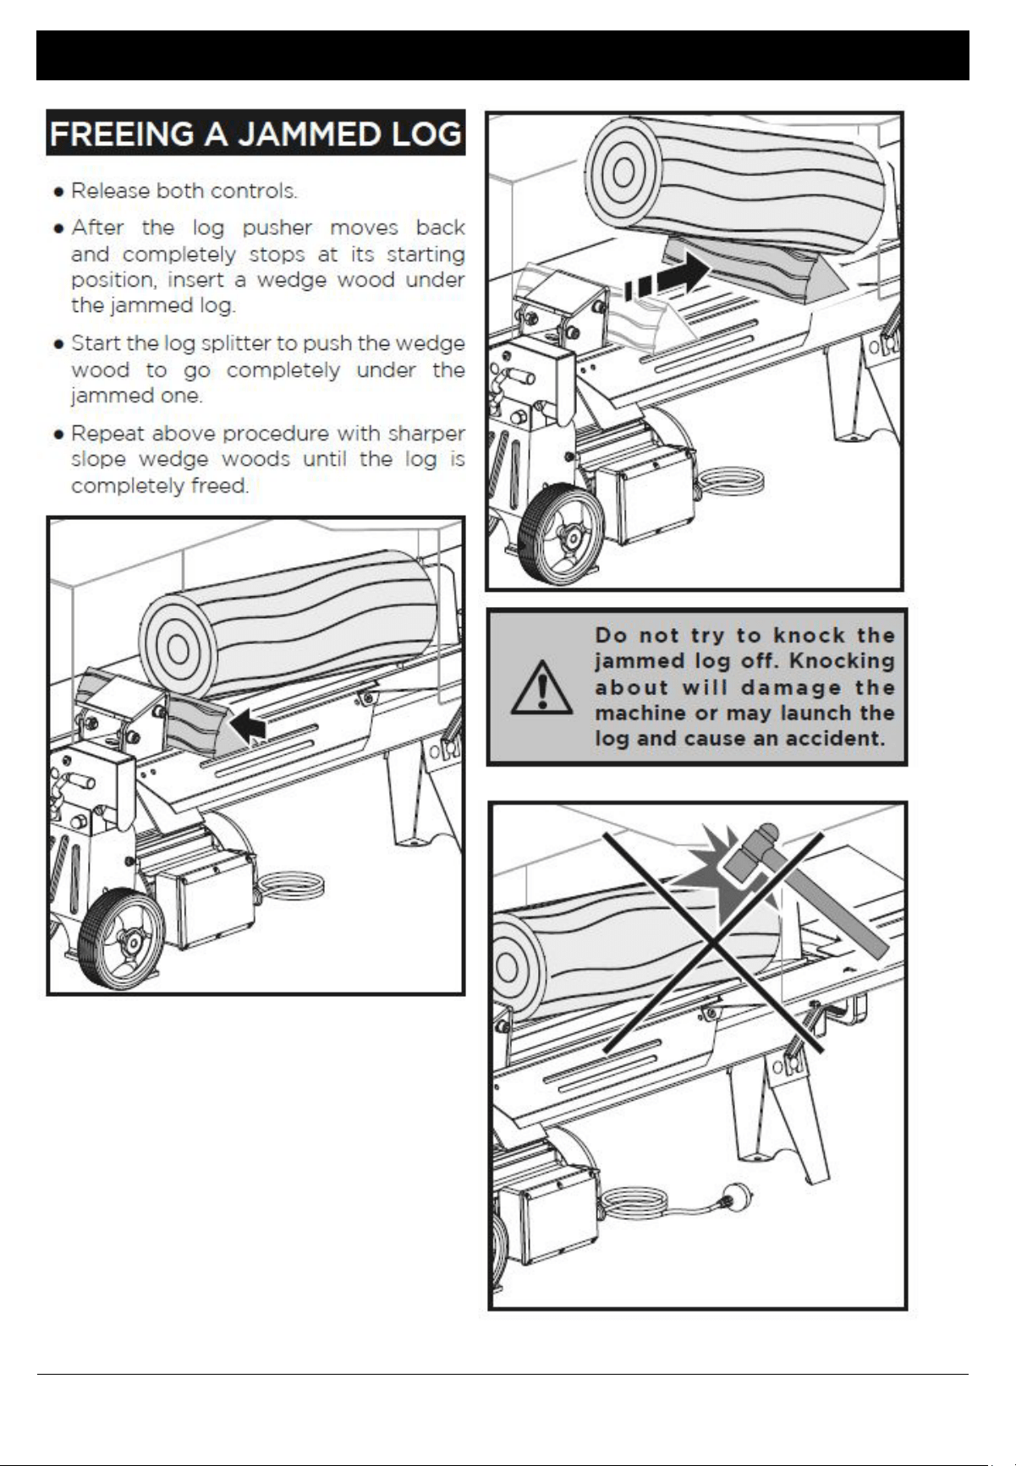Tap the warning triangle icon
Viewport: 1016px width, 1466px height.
(541, 686)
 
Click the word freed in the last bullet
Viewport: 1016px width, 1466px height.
(221, 486)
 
